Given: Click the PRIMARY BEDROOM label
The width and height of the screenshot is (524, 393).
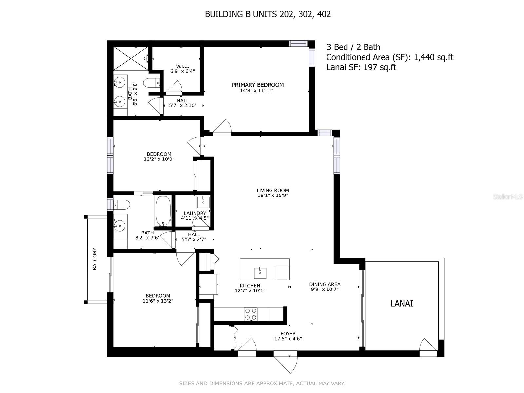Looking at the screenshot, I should click(257, 85).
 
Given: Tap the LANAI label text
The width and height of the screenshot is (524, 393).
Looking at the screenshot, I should click(402, 303).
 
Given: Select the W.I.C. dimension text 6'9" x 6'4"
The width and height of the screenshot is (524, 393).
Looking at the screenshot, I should click(182, 71).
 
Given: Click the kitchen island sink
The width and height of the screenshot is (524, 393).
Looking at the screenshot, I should click(260, 272).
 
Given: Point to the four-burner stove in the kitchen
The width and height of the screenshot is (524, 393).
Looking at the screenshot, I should click(251, 314).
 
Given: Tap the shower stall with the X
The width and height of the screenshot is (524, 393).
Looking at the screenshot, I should click(131, 58).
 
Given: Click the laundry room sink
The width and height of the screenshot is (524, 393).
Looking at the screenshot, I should click(203, 202).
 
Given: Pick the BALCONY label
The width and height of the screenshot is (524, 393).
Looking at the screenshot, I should click(95, 259).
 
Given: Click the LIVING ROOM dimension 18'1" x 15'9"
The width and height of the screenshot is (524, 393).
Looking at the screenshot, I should click(272, 196).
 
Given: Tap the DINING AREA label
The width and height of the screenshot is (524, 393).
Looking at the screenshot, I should click(325, 284).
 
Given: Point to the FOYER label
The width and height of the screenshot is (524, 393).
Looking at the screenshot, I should click(288, 334).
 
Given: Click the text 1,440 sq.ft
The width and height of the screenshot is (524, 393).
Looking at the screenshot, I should click(433, 57).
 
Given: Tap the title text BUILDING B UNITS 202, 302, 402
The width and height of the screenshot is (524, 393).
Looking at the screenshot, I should click(268, 14).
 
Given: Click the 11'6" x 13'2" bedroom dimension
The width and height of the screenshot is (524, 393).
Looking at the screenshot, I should click(158, 301).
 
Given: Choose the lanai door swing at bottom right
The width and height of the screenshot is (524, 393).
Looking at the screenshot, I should click(428, 345).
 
